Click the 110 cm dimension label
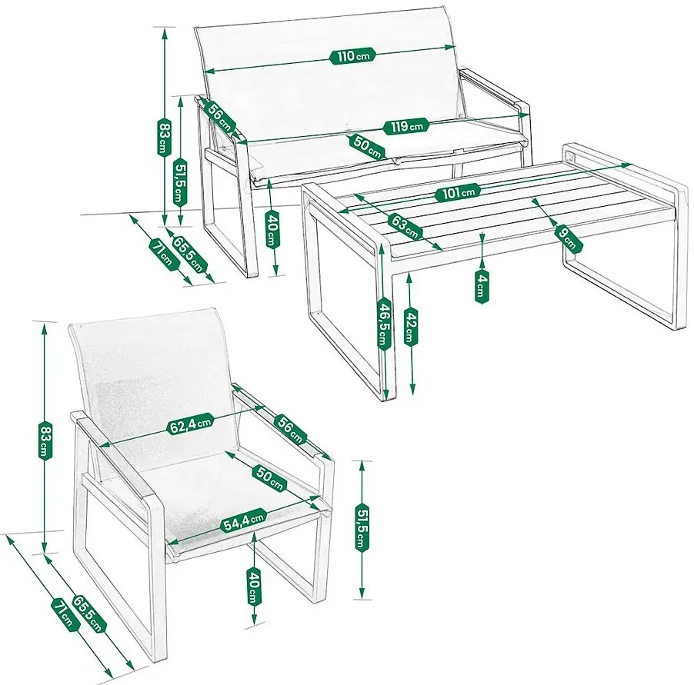[x=352, y=55]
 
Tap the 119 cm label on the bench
[x=407, y=127]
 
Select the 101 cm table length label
[x=458, y=193]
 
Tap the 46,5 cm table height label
[x=383, y=324]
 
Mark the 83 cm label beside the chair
[x=45, y=440]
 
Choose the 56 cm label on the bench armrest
[x=220, y=117]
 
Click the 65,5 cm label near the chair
[x=88, y=614]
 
